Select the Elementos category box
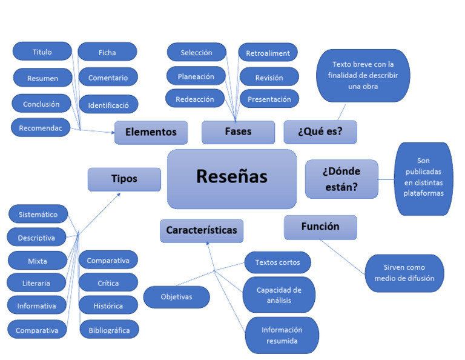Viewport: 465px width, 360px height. (151, 132)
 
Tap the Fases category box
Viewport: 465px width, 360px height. (237, 132)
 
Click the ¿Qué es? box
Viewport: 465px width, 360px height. (320, 132)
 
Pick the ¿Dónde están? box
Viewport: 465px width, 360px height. (341, 179)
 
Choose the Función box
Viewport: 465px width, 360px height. (320, 227)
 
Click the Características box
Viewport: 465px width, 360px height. (202, 231)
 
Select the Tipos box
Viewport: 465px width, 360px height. (124, 179)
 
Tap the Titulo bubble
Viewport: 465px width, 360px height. (42, 52)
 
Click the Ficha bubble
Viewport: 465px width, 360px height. (107, 53)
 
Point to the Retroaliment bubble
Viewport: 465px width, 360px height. (268, 53)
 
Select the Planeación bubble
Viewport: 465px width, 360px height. (196, 76)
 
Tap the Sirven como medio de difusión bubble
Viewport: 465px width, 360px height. (404, 273)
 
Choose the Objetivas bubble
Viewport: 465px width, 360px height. (176, 297)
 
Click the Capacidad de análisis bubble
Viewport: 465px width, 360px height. (279, 295)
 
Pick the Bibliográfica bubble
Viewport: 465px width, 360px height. (109, 330)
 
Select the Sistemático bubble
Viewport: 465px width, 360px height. (38, 215)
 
